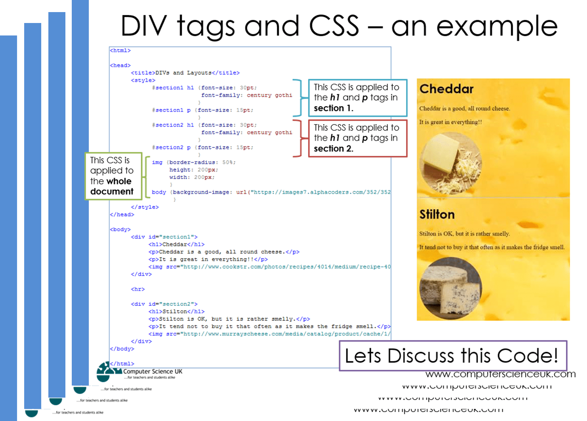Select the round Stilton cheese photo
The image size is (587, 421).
450,288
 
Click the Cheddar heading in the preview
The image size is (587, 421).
447,89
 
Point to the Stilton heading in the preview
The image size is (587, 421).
437,214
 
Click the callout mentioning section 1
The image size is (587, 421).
357,98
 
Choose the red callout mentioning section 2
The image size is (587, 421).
357,138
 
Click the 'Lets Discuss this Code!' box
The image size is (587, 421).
452,356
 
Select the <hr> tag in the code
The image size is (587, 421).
138,289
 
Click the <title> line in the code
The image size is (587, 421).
185,73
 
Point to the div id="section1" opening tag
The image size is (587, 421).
164,237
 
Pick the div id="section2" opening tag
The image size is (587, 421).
164,304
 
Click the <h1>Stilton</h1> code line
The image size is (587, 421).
176,311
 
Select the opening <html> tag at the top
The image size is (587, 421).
120,51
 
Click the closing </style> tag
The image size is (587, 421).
145,207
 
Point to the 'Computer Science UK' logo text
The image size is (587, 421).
153,371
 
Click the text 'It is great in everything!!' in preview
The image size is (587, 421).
450,122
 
